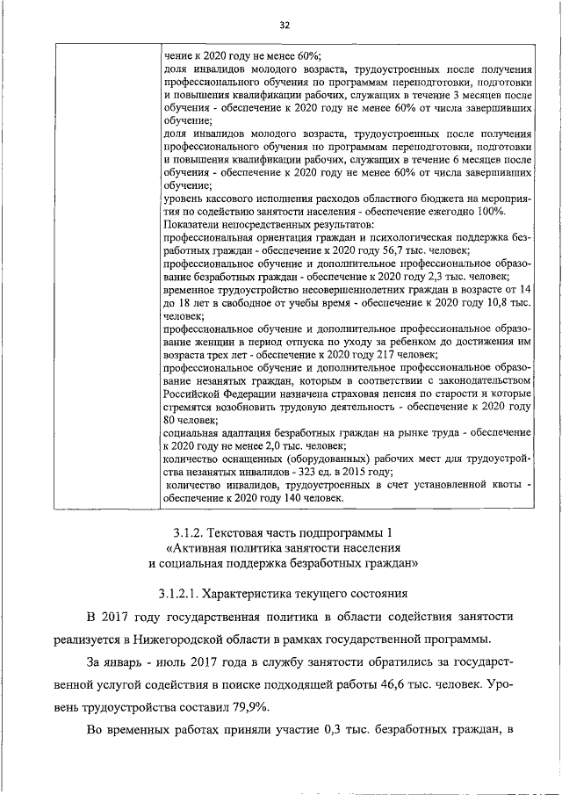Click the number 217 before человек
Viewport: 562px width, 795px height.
(371, 354)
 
